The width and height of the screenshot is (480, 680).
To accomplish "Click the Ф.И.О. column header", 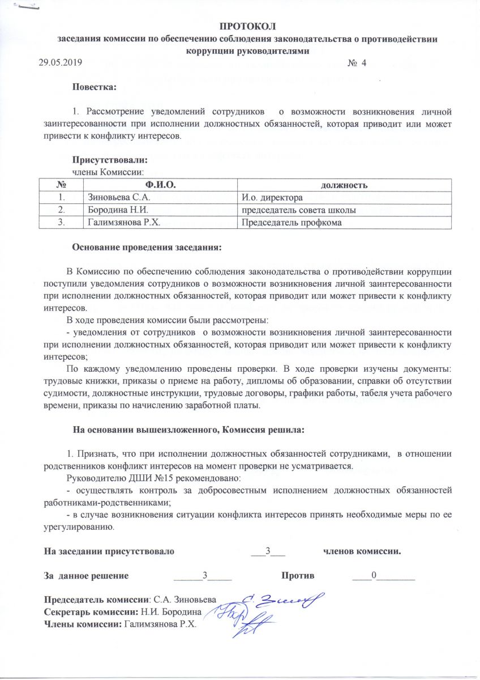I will pos(160,185).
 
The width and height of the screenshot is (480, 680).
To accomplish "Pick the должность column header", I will pos(345,185).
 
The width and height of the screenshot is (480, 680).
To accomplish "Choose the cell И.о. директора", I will pos(272,198).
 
